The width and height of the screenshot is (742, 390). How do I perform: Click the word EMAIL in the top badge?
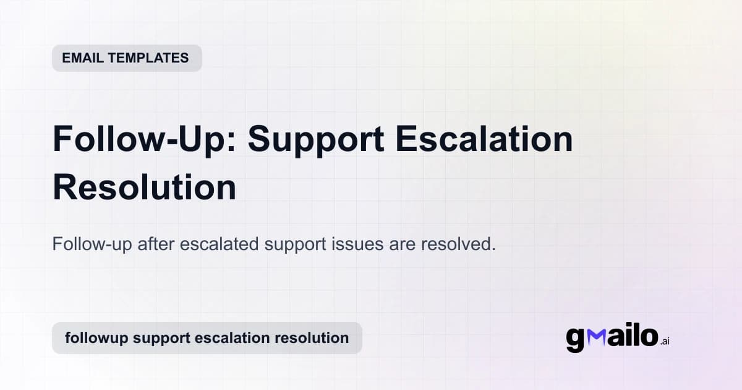click(x=82, y=58)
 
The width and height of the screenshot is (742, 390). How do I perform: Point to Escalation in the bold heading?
click(x=484, y=140)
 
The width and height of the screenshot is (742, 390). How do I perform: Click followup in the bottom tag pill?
click(x=96, y=338)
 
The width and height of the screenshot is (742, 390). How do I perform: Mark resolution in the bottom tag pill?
click(x=312, y=338)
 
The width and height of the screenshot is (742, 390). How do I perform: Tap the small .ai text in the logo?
click(x=664, y=341)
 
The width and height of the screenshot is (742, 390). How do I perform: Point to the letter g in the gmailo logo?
click(x=575, y=340)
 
